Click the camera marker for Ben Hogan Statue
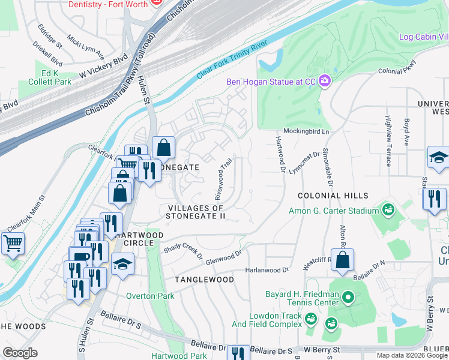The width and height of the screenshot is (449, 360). click(x=325, y=81)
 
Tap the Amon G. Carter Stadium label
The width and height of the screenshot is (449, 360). click(x=334, y=211)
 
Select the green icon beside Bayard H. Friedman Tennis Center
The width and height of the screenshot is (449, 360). click(x=347, y=298)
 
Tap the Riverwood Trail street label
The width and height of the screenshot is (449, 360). click(x=223, y=179)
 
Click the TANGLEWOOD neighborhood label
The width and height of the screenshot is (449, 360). click(x=204, y=280)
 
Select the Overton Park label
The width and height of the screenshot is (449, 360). click(x=150, y=296)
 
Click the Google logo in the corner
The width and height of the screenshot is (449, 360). click(x=20, y=352)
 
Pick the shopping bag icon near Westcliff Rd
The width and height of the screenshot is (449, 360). click(x=342, y=260)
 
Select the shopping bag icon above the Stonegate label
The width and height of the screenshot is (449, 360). click(x=163, y=148)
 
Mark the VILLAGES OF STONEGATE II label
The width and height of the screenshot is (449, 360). click(x=196, y=212)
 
